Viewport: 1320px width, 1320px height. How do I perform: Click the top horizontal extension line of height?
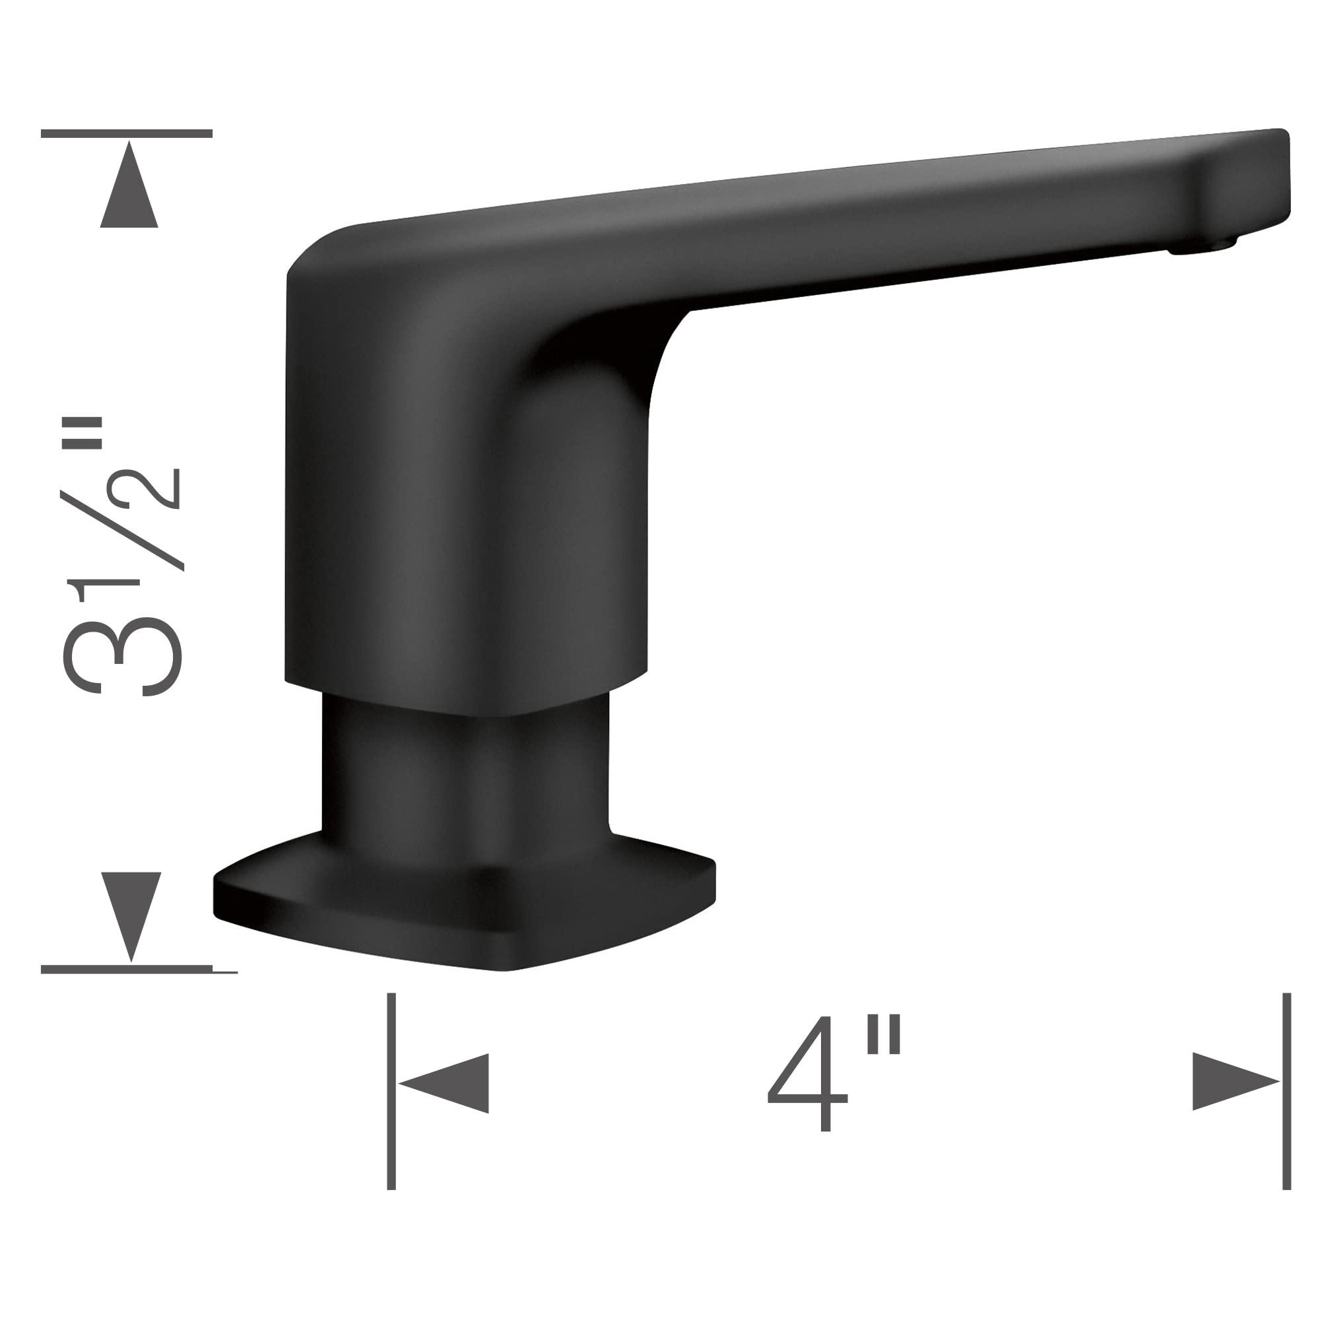pyautogui.click(x=127, y=134)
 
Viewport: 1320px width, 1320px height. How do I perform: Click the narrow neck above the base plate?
pyautogui.click(x=465, y=779)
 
